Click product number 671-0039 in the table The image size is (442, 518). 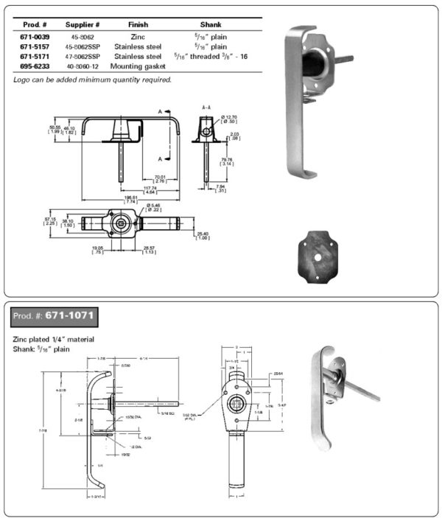pyautogui.click(x=35, y=35)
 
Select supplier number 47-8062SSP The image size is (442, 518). pyautogui.click(x=83, y=55)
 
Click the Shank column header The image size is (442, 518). pyautogui.click(x=200, y=24)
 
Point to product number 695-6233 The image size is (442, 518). pyautogui.click(x=35, y=66)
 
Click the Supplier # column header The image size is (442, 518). pyautogui.click(x=83, y=24)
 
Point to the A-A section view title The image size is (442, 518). pyautogui.click(x=208, y=108)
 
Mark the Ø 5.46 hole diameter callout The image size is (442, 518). pyautogui.click(x=154, y=207)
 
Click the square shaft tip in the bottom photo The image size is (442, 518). pyautogui.click(x=377, y=398)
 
